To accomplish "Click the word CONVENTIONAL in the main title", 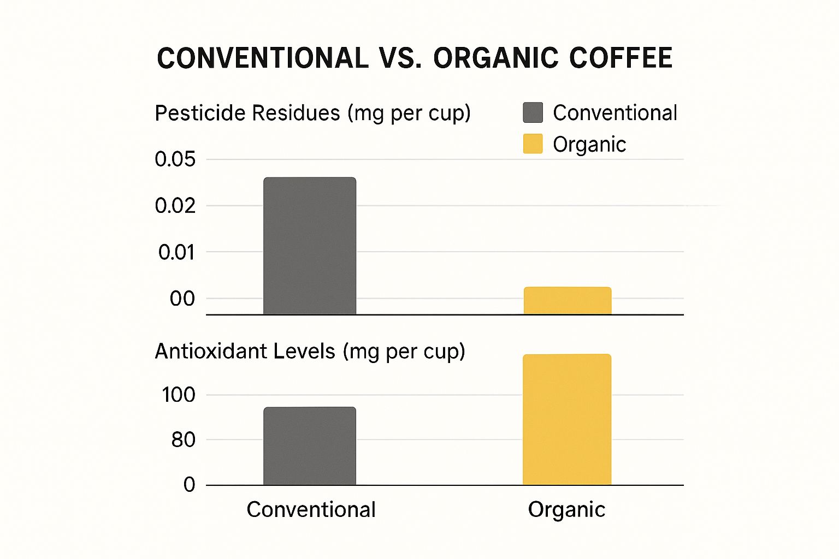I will (x=263, y=58).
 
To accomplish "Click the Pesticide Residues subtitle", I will (x=312, y=114).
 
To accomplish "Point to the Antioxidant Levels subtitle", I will (x=310, y=351).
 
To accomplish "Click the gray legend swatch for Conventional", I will (x=533, y=112).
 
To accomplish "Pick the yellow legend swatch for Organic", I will (x=533, y=144).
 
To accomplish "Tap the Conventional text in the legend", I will (x=615, y=113).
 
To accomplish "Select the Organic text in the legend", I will (x=589, y=145).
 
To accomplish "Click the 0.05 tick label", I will (x=175, y=159).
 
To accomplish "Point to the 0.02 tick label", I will (x=175, y=206).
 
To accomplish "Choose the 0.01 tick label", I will (x=176, y=252).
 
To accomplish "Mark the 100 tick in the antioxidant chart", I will (x=178, y=395).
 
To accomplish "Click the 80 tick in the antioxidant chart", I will (x=183, y=439).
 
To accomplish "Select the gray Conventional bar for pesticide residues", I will (x=310, y=246).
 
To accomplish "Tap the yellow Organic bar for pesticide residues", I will (x=567, y=301).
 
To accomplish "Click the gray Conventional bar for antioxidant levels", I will (x=310, y=446).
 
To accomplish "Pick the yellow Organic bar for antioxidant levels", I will (x=567, y=419).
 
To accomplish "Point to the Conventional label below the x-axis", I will (x=311, y=510).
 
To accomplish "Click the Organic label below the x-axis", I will (x=566, y=510).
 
